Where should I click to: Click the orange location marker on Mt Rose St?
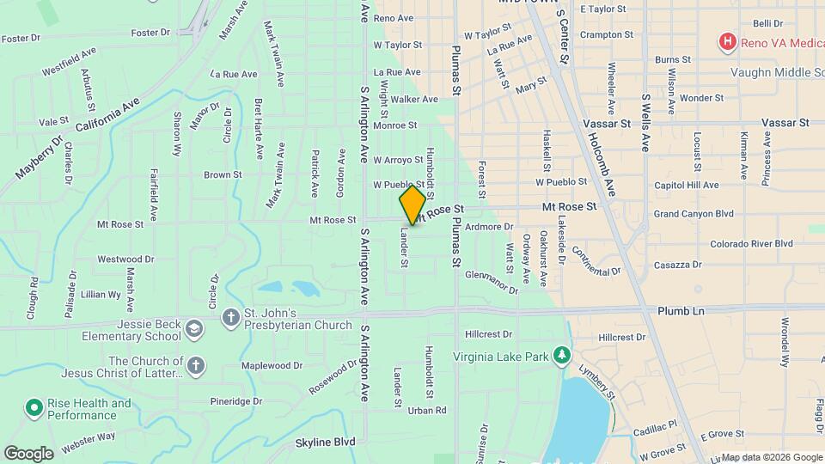click(412, 205)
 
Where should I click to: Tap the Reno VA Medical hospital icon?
click(728, 40)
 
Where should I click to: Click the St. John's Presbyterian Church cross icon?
click(230, 318)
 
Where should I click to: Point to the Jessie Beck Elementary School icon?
click(195, 328)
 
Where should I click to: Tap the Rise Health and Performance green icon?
click(34, 406)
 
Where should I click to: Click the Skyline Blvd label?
click(325, 442)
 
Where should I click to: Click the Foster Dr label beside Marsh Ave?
click(151, 33)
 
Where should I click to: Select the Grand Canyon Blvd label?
click(694, 213)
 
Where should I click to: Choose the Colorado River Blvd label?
click(751, 243)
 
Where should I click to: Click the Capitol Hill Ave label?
click(686, 185)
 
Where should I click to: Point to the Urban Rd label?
click(427, 410)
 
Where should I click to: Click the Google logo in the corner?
click(28, 453)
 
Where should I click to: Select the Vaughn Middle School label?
click(777, 73)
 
